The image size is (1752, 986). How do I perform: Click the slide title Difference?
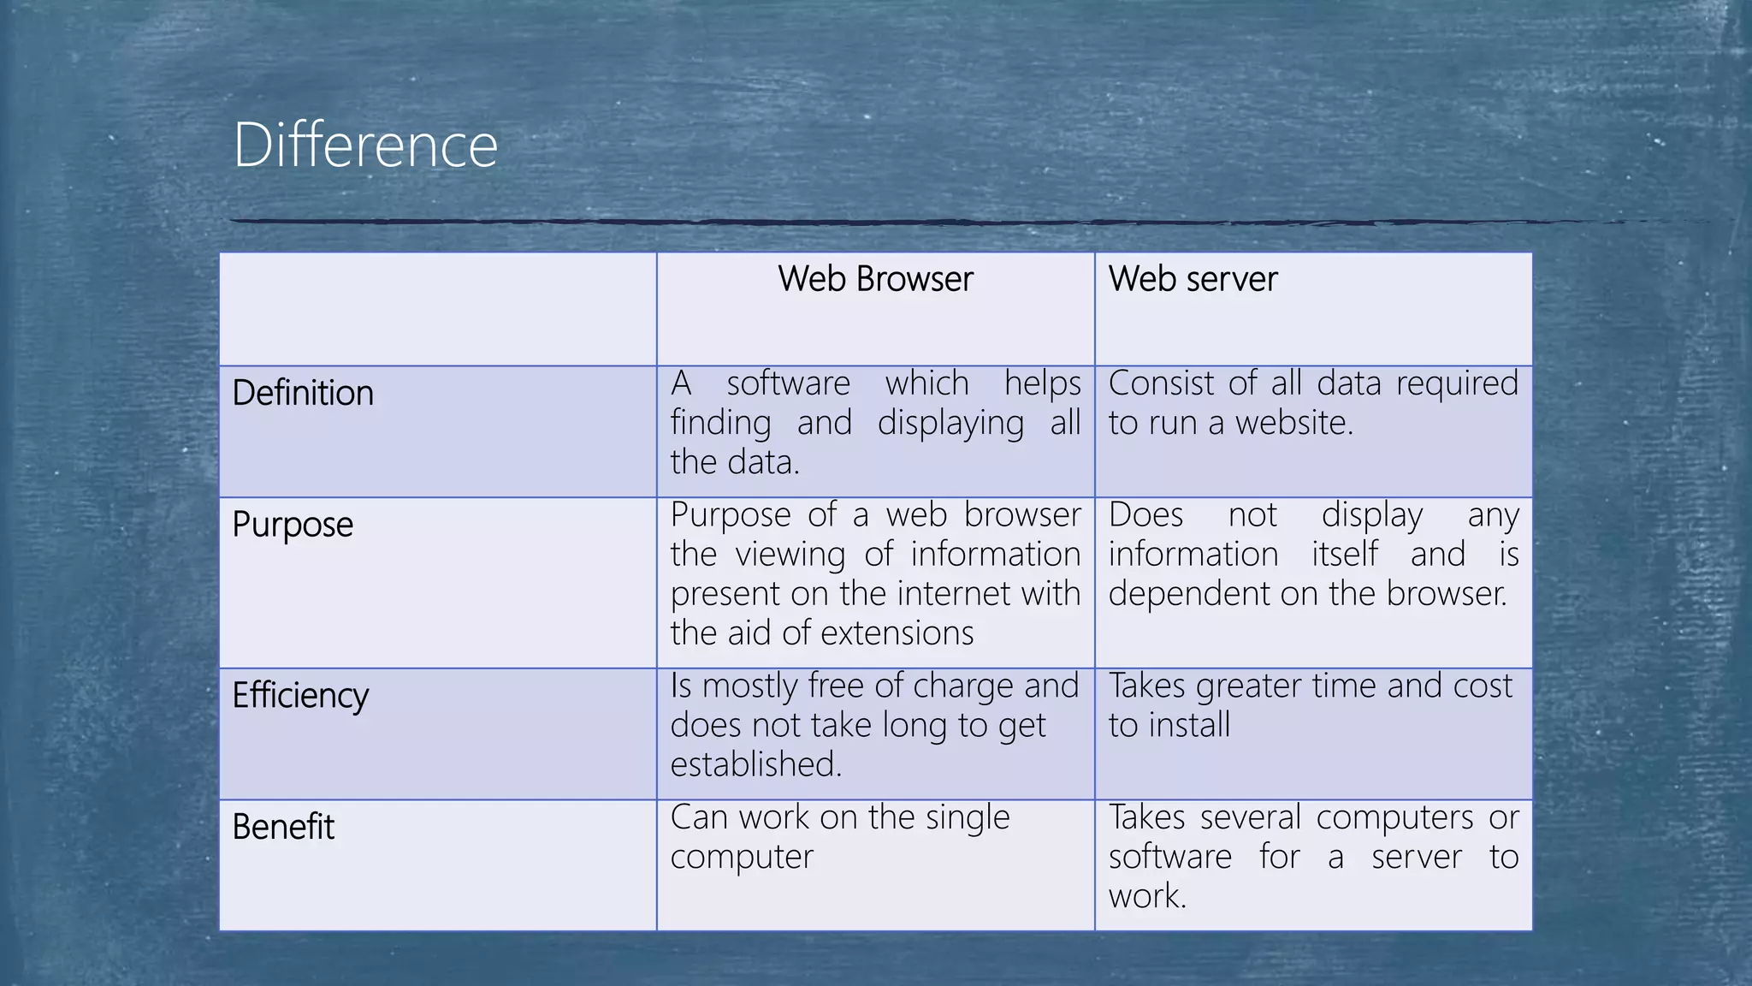click(365, 146)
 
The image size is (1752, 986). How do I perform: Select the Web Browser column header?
click(875, 279)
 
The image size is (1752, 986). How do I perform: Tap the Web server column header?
click(1193, 279)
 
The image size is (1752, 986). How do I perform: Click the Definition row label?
click(303, 393)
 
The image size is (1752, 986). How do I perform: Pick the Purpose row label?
click(293, 525)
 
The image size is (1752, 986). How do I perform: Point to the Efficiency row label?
click(300, 695)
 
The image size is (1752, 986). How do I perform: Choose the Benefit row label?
click(283, 827)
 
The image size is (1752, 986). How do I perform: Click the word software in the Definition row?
click(788, 383)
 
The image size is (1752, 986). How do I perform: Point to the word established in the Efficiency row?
click(755, 764)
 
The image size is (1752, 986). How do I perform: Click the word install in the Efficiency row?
click(1188, 726)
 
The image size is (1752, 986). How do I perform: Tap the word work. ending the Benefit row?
click(1146, 897)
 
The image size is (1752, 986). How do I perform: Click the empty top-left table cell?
click(437, 309)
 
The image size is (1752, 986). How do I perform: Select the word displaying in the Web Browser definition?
click(950, 424)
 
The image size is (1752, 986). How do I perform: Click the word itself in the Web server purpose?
click(1345, 555)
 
